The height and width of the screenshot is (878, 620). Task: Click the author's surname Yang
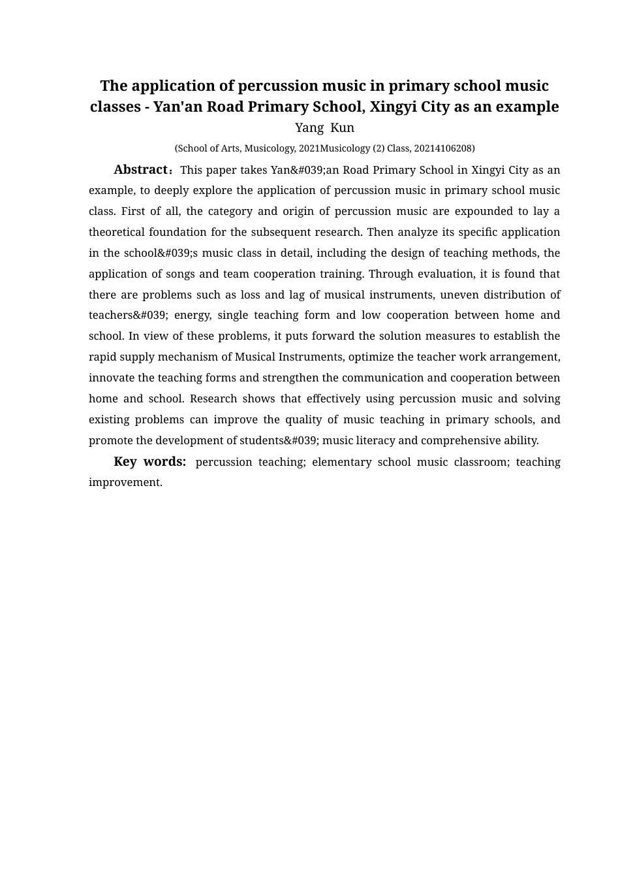coord(309,128)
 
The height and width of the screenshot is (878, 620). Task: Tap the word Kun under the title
coord(343,128)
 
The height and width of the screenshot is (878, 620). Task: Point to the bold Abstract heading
coord(141,170)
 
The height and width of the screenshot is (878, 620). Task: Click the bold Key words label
coord(149,462)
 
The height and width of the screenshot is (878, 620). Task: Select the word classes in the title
coord(114,106)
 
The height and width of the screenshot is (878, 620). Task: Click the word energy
coord(193,316)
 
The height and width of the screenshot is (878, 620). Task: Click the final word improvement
coord(125,483)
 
